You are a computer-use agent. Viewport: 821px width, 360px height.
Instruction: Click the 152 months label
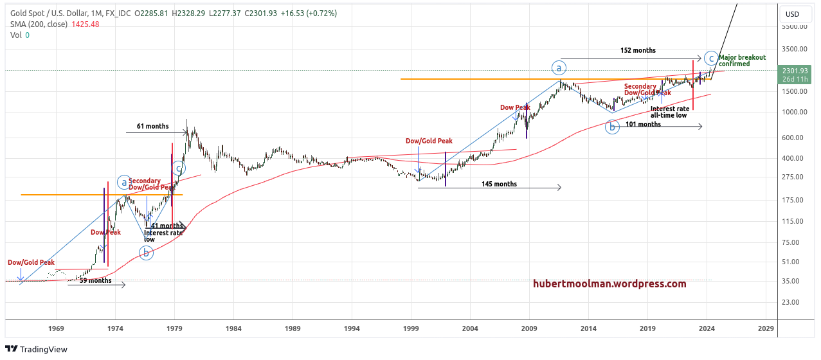pyautogui.click(x=638, y=50)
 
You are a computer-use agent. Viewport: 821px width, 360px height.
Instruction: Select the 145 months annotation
pyautogui.click(x=499, y=184)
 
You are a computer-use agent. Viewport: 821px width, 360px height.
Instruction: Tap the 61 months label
pyautogui.click(x=152, y=127)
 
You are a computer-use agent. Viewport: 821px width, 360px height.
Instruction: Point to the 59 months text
pyautogui.click(x=95, y=280)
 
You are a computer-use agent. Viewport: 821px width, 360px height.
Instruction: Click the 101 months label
pyautogui.click(x=643, y=124)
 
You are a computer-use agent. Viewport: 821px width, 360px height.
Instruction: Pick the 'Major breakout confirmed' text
pyautogui.click(x=742, y=60)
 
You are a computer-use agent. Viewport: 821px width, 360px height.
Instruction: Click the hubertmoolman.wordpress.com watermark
pyautogui.click(x=609, y=283)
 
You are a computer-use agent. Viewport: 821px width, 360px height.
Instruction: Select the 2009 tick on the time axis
pyautogui.click(x=529, y=328)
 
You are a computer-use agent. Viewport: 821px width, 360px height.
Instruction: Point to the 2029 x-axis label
pyautogui.click(x=766, y=328)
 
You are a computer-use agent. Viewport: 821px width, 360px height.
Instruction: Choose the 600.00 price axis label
pyautogui.click(x=795, y=138)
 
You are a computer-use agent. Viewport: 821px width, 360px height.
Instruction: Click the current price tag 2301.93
pyautogui.click(x=795, y=71)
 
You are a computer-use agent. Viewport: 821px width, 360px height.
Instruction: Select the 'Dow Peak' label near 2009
pyautogui.click(x=515, y=107)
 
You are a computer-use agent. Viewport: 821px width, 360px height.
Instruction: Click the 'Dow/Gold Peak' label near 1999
pyautogui.click(x=429, y=141)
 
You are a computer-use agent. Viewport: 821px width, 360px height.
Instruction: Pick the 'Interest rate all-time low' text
pyautogui.click(x=669, y=112)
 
